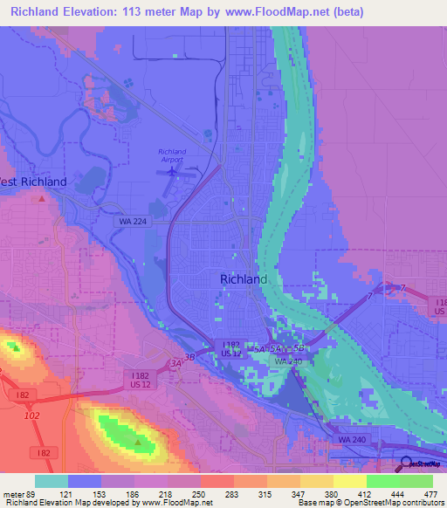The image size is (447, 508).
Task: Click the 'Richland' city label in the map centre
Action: click(x=244, y=279)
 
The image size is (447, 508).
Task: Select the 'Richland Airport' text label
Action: click(x=173, y=155)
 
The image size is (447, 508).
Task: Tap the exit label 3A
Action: click(x=176, y=363)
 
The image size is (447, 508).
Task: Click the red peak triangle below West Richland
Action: click(x=41, y=199)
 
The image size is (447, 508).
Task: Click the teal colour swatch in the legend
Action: click(x=52, y=481)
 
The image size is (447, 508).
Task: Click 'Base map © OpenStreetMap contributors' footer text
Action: click(x=370, y=504)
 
